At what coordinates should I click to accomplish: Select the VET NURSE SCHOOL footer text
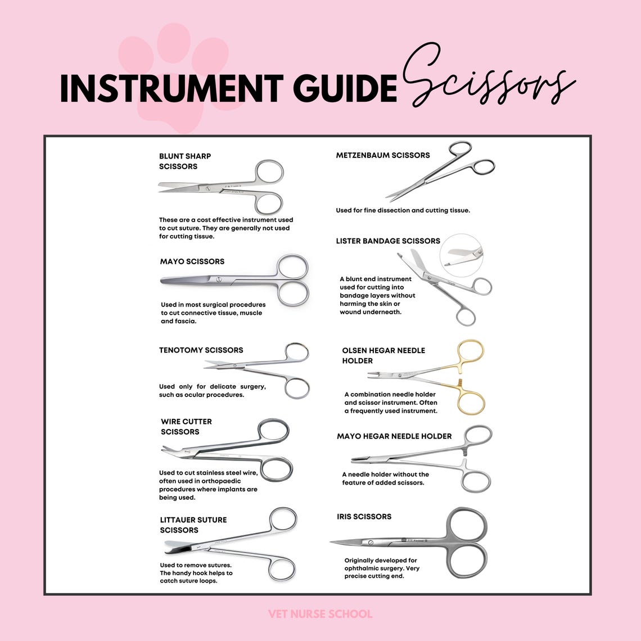pyautogui.click(x=320, y=613)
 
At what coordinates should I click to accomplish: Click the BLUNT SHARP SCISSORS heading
pyautogui.click(x=185, y=161)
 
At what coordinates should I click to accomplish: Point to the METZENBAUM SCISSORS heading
pyautogui.click(x=382, y=155)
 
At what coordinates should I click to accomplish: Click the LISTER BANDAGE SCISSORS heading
pyautogui.click(x=388, y=241)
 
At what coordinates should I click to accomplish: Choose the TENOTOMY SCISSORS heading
pyautogui.click(x=201, y=350)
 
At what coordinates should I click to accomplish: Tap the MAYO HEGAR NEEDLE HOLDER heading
pyautogui.click(x=394, y=436)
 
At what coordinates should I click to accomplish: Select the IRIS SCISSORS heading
pyautogui.click(x=364, y=516)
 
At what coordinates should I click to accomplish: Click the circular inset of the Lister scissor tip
pyautogui.click(x=461, y=255)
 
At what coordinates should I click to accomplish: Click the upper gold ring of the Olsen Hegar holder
pyautogui.click(x=471, y=352)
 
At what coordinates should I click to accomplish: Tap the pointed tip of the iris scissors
pyautogui.click(x=333, y=543)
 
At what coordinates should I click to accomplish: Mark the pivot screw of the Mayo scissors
pyautogui.click(x=219, y=279)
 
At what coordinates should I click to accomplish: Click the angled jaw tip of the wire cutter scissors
pyautogui.click(x=166, y=449)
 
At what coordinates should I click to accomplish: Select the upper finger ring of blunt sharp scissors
pyautogui.click(x=269, y=172)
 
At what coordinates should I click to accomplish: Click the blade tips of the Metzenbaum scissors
pyautogui.click(x=390, y=197)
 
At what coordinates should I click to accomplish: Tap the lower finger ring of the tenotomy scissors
pyautogui.click(x=297, y=388)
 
